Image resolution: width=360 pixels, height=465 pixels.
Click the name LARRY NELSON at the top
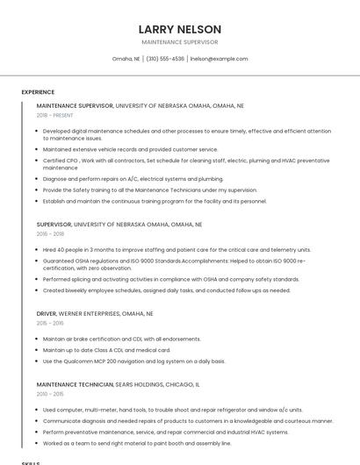click(180, 29)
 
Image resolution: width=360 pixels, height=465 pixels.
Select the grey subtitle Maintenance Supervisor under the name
click(180, 42)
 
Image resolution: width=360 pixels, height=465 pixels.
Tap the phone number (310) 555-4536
click(165, 59)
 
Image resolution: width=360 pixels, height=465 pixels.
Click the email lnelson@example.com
click(219, 59)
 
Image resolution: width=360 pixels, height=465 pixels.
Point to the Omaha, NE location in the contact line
click(126, 59)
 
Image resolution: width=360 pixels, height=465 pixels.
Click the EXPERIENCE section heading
click(38, 92)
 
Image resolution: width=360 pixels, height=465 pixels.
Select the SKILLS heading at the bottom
click(31, 462)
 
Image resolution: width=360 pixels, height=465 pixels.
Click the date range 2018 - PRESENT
click(55, 115)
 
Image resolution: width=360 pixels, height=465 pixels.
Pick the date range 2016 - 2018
click(50, 234)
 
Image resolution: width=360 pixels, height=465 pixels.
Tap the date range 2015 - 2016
click(50, 323)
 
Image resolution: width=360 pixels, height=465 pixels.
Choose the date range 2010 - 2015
click(50, 394)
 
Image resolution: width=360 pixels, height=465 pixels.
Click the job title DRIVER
click(47, 313)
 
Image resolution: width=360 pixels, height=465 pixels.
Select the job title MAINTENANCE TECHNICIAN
click(75, 384)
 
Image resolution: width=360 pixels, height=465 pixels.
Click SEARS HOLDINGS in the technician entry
click(144, 384)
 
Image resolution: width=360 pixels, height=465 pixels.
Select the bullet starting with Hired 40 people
click(176, 249)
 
